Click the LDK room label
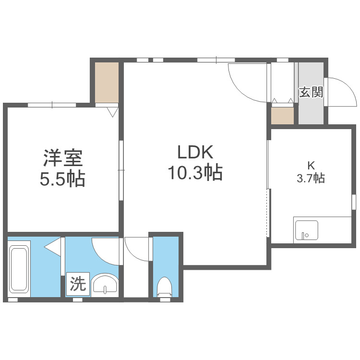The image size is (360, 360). click(x=195, y=153)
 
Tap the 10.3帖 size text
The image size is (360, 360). click(x=195, y=172)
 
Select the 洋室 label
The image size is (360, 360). click(x=62, y=158)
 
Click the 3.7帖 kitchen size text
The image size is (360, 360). click(x=311, y=179)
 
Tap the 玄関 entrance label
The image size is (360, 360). click(x=311, y=92)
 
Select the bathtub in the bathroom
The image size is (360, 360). click(x=20, y=268)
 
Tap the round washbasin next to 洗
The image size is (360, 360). click(x=105, y=284)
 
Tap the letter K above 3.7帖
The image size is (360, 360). click(x=311, y=166)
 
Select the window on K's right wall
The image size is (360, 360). click(x=354, y=202)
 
